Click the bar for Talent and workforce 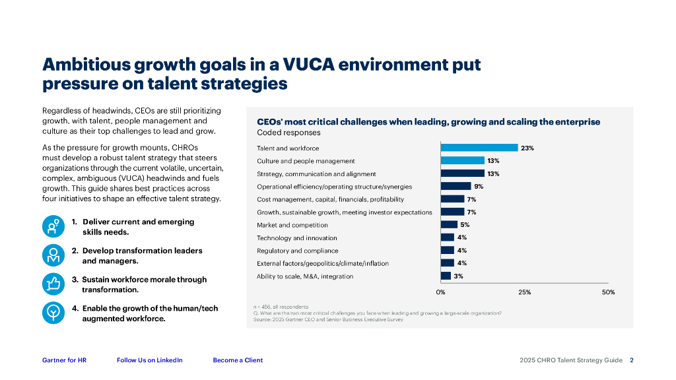[x=479, y=148]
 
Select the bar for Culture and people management [x=462, y=160]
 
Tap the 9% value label [x=479, y=186]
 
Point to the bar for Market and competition [x=449, y=224]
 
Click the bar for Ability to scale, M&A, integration [x=446, y=276]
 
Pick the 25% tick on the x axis [x=524, y=292]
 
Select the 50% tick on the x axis [x=608, y=292]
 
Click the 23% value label [x=527, y=148]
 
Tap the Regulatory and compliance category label [x=297, y=251]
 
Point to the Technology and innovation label [x=296, y=237]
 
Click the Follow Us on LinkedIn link [x=149, y=360]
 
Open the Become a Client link [x=238, y=360]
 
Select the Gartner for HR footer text [x=64, y=360]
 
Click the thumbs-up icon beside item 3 [x=53, y=284]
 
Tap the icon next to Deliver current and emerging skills [x=53, y=226]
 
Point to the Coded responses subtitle [x=279, y=133]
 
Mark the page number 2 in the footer [x=632, y=360]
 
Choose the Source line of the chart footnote [x=328, y=320]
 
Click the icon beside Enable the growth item [x=53, y=313]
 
